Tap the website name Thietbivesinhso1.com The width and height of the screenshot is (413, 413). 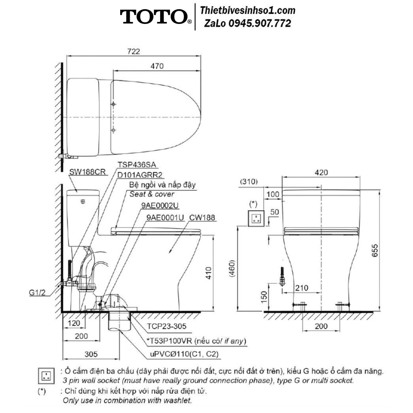click(247, 11)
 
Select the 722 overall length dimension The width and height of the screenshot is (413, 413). click(133, 51)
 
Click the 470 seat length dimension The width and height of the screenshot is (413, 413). click(157, 66)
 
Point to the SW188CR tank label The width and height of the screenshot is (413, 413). click(87, 172)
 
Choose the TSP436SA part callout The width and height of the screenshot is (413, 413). click(137, 165)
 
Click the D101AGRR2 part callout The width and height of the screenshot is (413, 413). click(140, 175)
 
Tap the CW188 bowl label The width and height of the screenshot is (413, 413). click(202, 218)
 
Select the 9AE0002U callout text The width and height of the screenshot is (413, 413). click(160, 205)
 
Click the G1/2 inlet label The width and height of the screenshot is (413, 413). click(37, 292)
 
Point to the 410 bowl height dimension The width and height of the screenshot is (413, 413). click(208, 273)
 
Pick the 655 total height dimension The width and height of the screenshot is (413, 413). click(375, 250)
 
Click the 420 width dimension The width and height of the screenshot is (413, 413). click(321, 173)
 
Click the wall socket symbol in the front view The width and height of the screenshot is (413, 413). click(256, 218)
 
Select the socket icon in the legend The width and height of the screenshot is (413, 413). click(46, 376)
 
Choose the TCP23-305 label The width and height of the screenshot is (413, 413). click(166, 326)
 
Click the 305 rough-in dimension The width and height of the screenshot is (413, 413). click(91, 354)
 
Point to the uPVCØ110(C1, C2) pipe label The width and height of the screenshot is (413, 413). click(184, 354)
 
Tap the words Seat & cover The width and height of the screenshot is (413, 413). click(152, 195)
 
